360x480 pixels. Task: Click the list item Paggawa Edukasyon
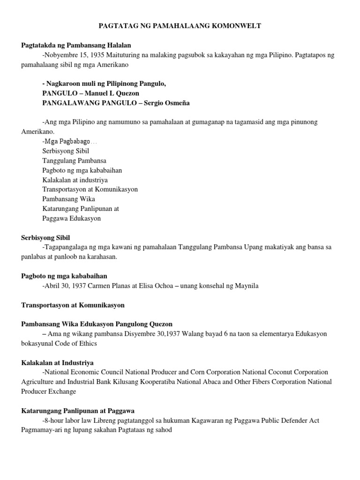pos(71,218)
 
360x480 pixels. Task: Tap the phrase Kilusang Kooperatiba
pos(158,382)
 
